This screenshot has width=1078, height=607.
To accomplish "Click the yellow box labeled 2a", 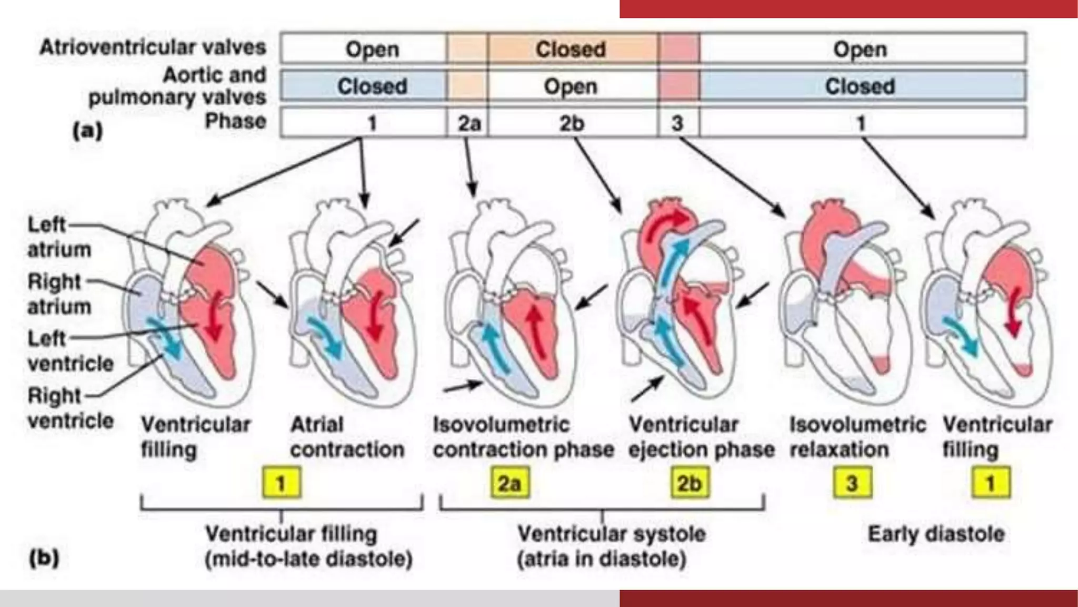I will [510, 483].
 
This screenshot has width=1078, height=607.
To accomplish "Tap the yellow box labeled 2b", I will [690, 483].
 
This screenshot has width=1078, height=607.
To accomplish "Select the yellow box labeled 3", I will [852, 483].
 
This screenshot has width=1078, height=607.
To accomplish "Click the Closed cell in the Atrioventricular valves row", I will [571, 49].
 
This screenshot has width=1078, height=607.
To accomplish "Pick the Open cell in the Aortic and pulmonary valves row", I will [571, 86].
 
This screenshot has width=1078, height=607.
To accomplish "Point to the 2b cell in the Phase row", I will [572, 123].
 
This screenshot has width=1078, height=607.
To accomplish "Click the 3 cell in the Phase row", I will [677, 123].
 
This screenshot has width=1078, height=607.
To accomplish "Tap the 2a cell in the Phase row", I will [468, 123].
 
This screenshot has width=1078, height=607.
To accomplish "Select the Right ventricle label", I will [70, 408].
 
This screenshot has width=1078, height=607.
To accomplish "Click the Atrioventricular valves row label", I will [153, 47].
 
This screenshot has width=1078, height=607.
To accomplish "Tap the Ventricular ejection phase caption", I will [701, 437].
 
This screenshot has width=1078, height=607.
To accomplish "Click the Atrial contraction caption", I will [347, 437].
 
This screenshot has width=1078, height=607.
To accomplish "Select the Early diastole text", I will [935, 534].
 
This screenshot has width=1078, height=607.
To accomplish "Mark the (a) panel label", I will [87, 130].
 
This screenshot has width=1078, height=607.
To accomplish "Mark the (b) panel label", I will [44, 557].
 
